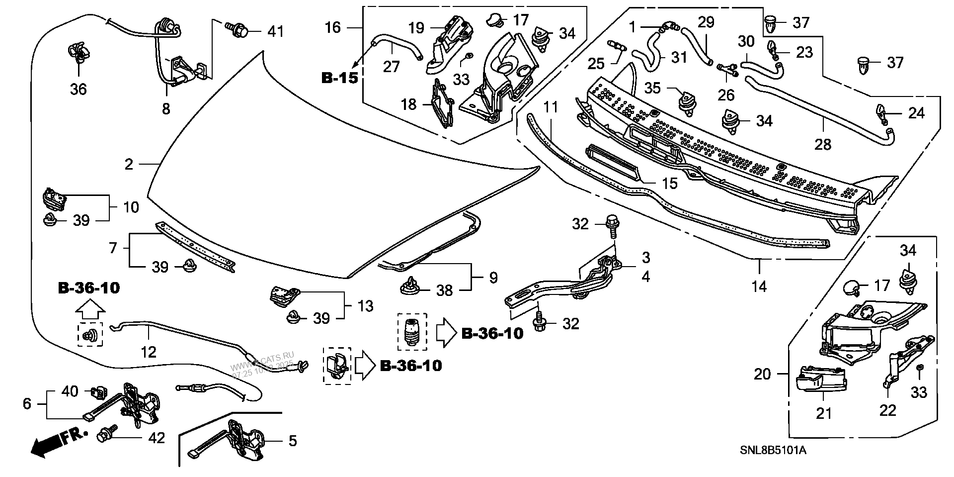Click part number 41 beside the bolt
[275, 31]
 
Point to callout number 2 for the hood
[129, 164]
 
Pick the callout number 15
[670, 184]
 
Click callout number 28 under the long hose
[823, 144]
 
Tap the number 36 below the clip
[78, 89]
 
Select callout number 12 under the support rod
[149, 352]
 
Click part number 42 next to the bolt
[157, 438]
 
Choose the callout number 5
[293, 441]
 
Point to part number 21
[823, 413]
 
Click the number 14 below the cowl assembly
[759, 286]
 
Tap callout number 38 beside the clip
[445, 290]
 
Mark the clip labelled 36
[78, 53]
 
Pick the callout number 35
[652, 88]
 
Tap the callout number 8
[166, 108]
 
